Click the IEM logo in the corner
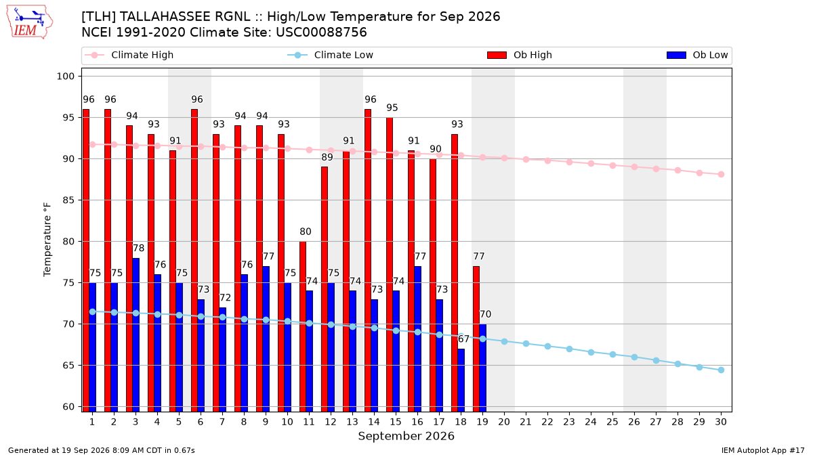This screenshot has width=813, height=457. (29, 22)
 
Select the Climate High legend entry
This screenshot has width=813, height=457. (129, 55)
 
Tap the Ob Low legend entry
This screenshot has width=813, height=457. (697, 55)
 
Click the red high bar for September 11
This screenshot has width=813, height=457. (303, 326)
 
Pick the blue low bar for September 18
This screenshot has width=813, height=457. (461, 380)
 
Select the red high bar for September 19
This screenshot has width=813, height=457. (476, 339)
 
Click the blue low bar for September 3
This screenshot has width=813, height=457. (135, 334)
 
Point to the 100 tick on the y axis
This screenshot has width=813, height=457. (65, 76)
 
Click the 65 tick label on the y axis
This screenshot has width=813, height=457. (68, 365)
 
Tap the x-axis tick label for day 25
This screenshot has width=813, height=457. (612, 422)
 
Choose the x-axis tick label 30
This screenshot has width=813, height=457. (721, 422)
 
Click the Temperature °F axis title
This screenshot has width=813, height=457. (47, 240)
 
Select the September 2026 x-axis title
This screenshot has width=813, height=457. (406, 436)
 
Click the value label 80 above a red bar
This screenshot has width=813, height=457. (306, 232)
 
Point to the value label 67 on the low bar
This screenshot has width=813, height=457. (463, 339)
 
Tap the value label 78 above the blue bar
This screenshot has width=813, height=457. (139, 248)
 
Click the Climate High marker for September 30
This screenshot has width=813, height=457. (721, 175)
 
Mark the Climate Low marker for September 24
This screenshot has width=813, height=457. (591, 352)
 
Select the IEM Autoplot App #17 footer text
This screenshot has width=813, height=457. (763, 450)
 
